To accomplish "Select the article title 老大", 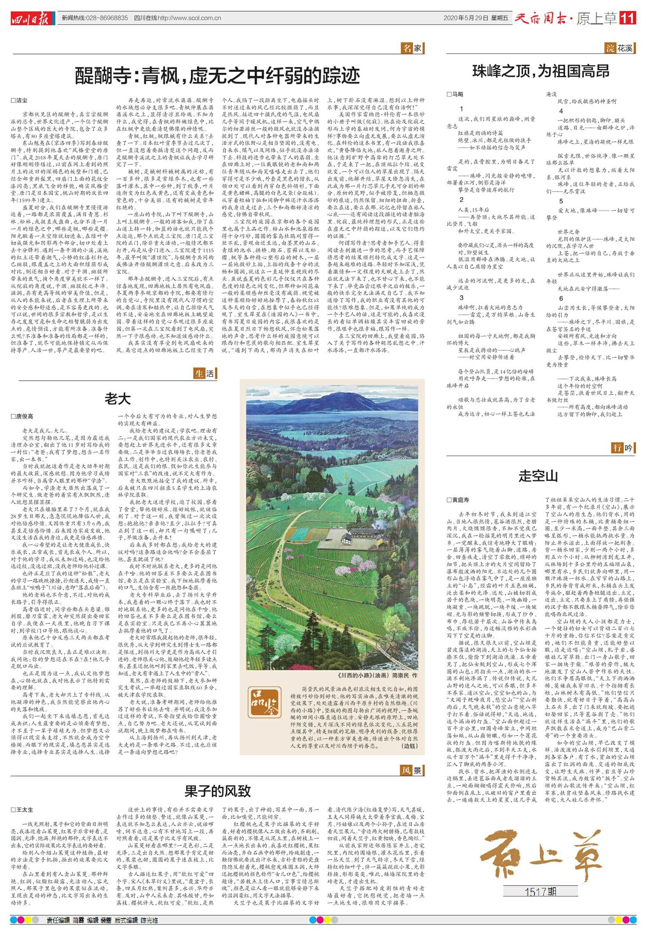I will (118, 399).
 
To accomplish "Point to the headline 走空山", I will (538, 476).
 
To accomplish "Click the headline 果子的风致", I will (217, 791).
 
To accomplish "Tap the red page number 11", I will (628, 18).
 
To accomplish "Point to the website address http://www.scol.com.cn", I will (189, 18).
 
